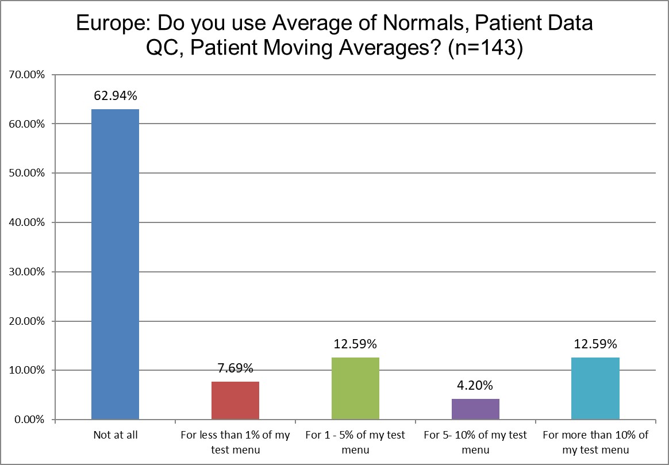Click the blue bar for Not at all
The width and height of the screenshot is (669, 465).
(115, 264)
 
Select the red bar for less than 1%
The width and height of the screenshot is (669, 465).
(235, 401)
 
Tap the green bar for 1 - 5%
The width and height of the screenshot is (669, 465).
(355, 389)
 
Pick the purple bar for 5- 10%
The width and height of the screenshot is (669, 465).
(475, 409)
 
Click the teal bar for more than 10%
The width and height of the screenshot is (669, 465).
(595, 389)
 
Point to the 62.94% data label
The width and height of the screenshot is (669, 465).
(115, 95)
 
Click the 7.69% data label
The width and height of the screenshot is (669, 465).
(235, 368)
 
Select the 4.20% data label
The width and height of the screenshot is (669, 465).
(475, 385)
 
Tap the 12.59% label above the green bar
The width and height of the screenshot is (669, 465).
(355, 344)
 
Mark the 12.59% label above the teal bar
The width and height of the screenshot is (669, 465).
(595, 344)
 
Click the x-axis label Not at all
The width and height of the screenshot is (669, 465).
(115, 435)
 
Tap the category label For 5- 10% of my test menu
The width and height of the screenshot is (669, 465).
(475, 442)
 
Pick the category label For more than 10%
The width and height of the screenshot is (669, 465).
(595, 442)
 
